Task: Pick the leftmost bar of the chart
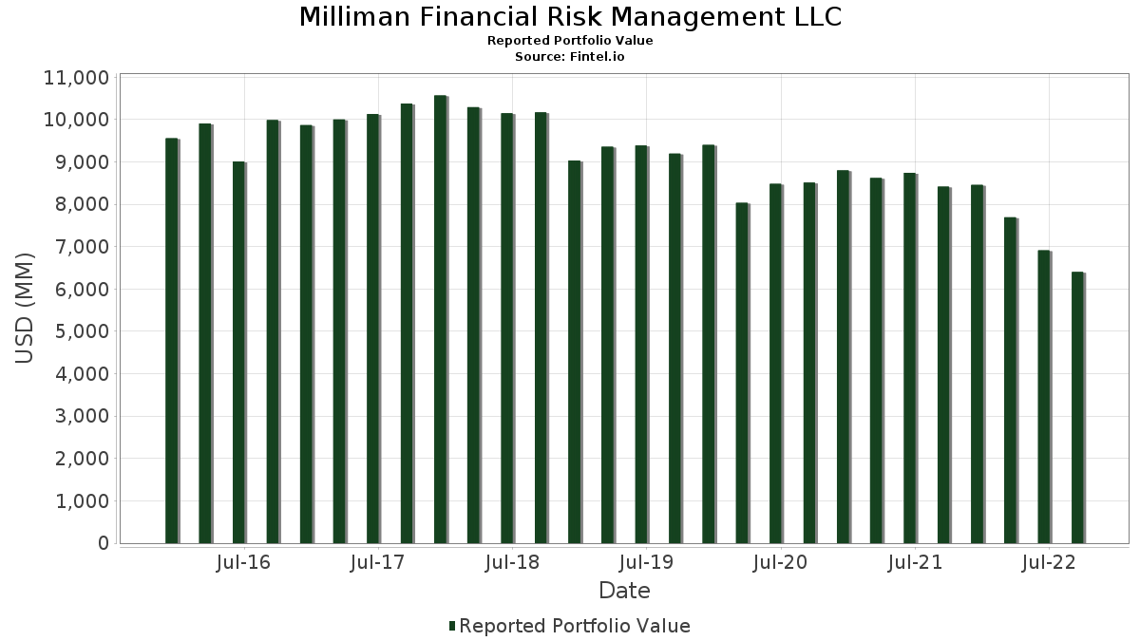point(171,341)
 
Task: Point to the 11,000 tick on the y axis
point(76,78)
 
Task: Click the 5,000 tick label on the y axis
point(76,331)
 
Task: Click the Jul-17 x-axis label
point(377,563)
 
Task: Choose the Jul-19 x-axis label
point(646,563)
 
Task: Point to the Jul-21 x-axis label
point(915,563)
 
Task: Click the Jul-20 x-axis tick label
point(780,563)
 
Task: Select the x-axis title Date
point(624,591)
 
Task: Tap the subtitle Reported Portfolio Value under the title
point(570,41)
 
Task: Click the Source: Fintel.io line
point(570,57)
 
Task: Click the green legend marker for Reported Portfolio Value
point(452,626)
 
